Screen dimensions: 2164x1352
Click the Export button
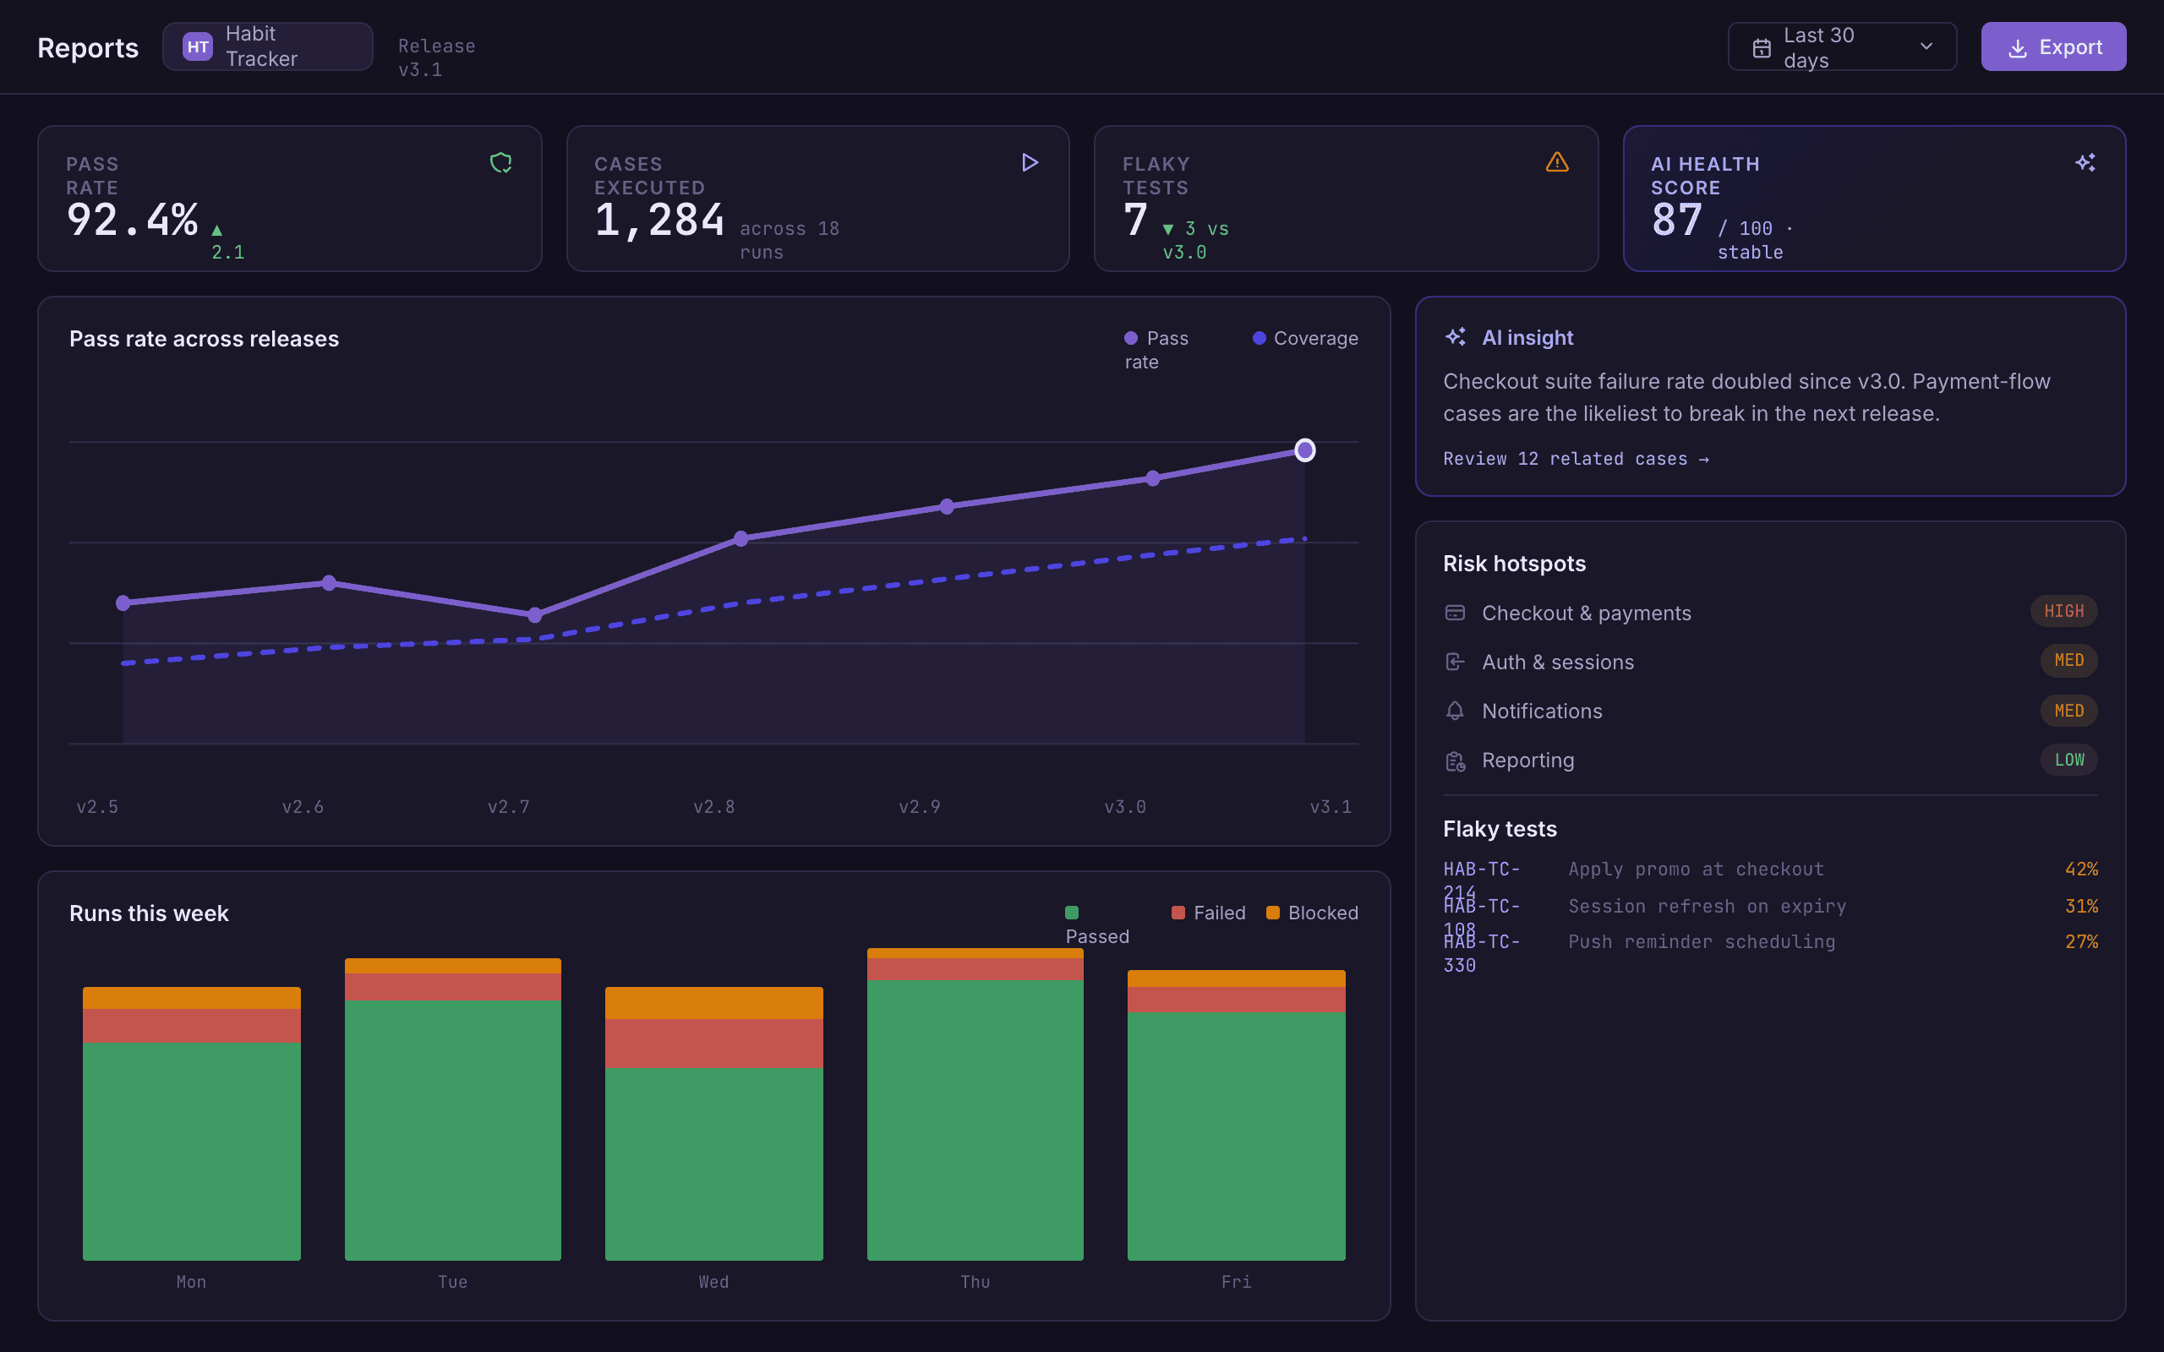pos(2053,46)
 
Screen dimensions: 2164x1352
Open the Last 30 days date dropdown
pos(1842,46)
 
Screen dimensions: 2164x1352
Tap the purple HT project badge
pos(198,46)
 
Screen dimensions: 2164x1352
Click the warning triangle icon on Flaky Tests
pos(1557,162)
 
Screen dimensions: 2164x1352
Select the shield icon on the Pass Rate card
pos(500,162)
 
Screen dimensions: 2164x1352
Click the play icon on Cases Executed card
pos(1030,162)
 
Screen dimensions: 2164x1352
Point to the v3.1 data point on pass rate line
pos(1304,450)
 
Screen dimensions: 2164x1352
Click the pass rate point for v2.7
pos(535,615)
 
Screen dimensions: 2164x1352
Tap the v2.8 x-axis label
pos(713,806)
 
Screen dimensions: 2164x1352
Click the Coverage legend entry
pos(1304,338)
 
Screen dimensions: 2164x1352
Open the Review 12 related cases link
pos(1576,459)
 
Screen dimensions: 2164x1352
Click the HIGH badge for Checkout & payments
pos(2064,612)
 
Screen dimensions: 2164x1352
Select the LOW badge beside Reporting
pos(2069,760)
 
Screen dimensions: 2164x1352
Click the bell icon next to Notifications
pos(1455,711)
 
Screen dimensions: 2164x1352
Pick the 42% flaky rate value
pos(2081,870)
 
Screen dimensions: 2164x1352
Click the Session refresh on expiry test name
pos(1707,906)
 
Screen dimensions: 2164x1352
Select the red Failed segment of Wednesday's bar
pos(713,1044)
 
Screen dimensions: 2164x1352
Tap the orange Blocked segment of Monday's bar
pos(191,998)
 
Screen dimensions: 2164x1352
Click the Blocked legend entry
pos(1312,913)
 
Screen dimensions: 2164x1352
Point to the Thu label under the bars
pos(975,1281)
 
